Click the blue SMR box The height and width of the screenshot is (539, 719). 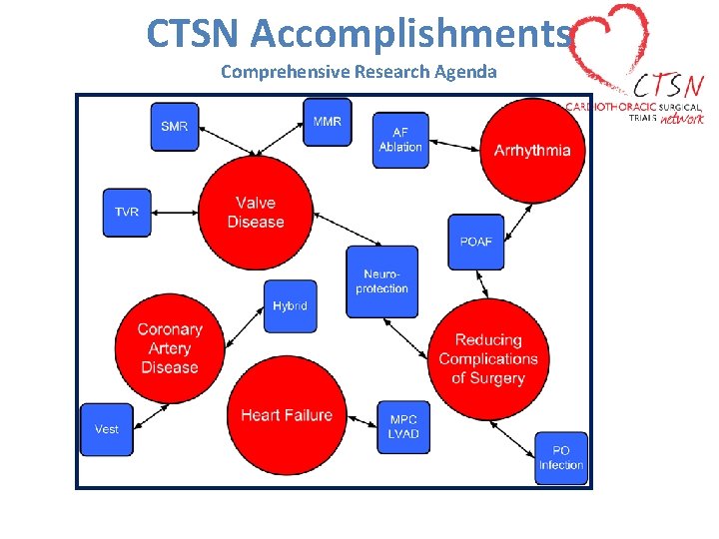(175, 127)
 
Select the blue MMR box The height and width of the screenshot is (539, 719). (328, 122)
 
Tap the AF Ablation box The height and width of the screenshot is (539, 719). (400, 140)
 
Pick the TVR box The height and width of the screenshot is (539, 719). (127, 213)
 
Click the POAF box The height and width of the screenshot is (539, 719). (476, 242)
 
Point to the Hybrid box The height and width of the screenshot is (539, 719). (290, 306)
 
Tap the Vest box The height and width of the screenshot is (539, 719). (107, 429)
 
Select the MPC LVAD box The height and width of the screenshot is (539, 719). (403, 426)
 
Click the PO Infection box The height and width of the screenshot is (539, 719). (561, 458)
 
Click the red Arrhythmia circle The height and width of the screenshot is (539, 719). (533, 151)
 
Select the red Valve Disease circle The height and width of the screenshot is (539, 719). (256, 213)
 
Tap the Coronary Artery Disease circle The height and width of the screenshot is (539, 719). (170, 348)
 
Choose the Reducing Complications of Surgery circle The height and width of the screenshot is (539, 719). (488, 359)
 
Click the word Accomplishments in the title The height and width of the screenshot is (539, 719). (411, 34)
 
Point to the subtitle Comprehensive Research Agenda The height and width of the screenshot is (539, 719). (359, 72)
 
